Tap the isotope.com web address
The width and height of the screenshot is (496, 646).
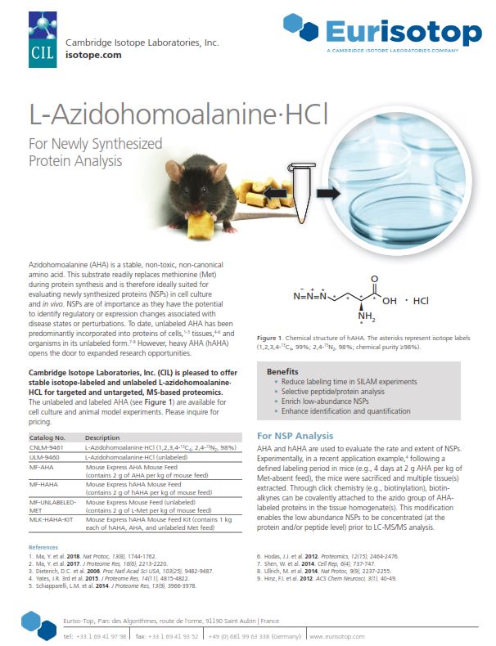(93, 56)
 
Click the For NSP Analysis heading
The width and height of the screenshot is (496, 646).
(294, 436)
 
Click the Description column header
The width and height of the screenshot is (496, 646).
(102, 438)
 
